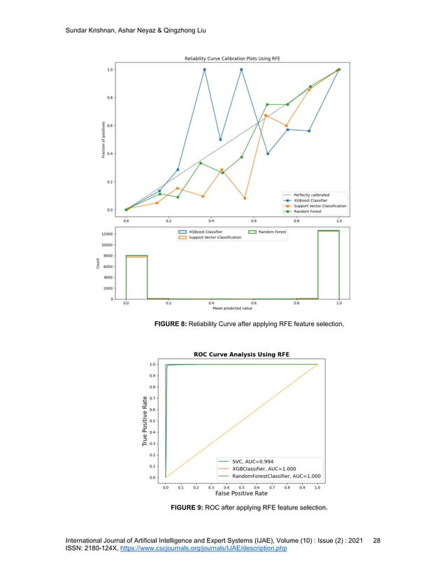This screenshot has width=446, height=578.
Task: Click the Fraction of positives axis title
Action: (x=103, y=139)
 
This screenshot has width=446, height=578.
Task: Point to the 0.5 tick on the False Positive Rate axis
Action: (x=241, y=484)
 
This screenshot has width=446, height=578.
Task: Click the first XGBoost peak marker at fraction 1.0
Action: (x=205, y=69)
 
